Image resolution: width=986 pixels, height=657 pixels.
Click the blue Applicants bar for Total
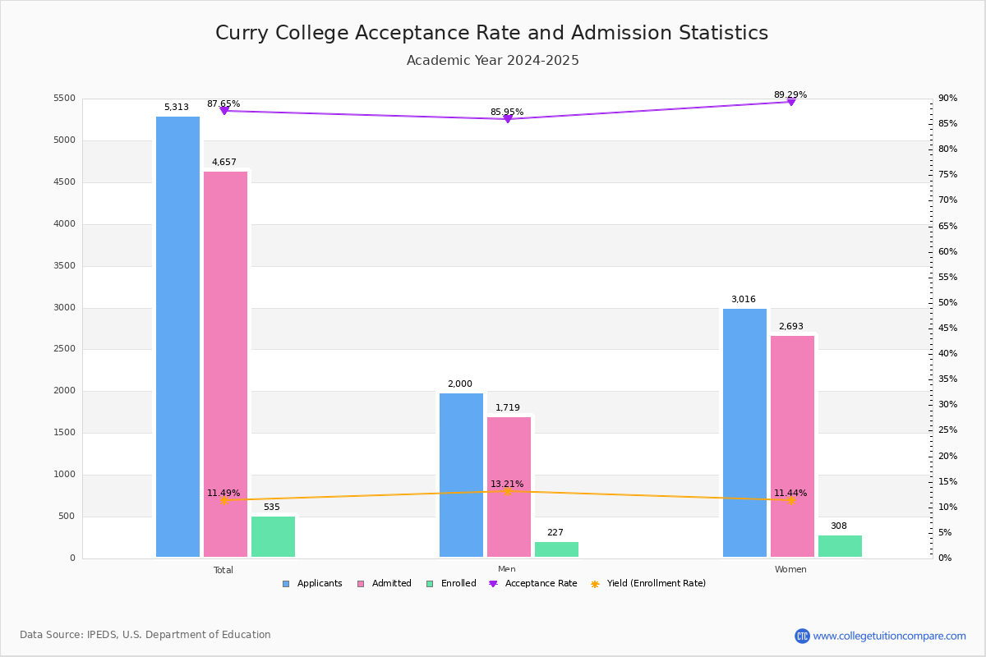pyautogui.click(x=177, y=337)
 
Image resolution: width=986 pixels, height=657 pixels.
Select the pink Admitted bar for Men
pyautogui.click(x=509, y=487)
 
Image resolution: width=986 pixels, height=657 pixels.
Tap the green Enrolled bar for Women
pyautogui.click(x=840, y=546)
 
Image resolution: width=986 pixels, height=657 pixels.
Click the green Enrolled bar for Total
pyautogui.click(x=273, y=537)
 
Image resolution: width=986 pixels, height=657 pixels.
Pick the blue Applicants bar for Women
pyautogui.click(x=744, y=433)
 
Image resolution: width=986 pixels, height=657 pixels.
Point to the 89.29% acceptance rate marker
pyautogui.click(x=790, y=102)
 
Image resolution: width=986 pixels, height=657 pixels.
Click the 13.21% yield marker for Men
pyautogui.click(x=507, y=491)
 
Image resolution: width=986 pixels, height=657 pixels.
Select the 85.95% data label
pyautogui.click(x=507, y=112)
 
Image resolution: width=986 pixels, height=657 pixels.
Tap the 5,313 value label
pyautogui.click(x=177, y=108)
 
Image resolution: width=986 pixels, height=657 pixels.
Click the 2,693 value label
pyautogui.click(x=791, y=327)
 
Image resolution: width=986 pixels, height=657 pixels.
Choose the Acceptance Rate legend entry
pyautogui.click(x=533, y=584)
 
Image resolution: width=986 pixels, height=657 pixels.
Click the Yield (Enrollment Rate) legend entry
pyautogui.click(x=648, y=584)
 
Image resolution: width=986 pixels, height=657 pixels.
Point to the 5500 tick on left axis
pyautogui.click(x=64, y=99)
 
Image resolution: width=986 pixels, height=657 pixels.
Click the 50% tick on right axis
pyautogui.click(x=948, y=303)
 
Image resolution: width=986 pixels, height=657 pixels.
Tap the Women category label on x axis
pyautogui.click(x=790, y=570)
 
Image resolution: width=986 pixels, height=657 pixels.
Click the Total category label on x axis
pyautogui.click(x=223, y=570)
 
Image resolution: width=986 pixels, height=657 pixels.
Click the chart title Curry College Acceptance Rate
pyautogui.click(x=491, y=33)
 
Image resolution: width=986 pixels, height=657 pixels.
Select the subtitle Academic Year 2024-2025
pyautogui.click(x=492, y=61)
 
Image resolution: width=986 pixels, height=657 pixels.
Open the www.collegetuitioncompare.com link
pyautogui.click(x=889, y=636)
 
